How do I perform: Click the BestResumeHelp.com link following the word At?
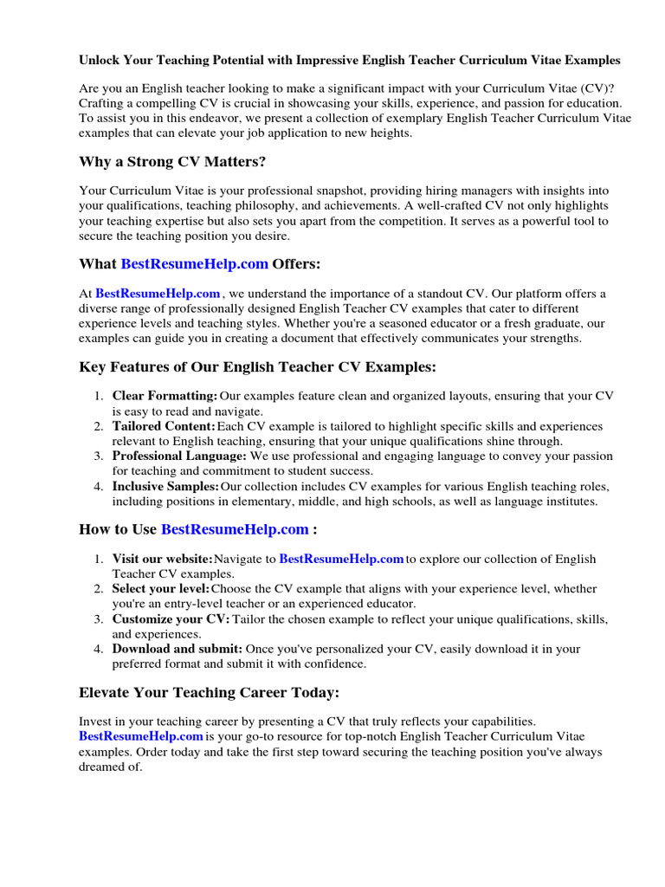tap(158, 294)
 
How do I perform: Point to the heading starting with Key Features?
tap(257, 367)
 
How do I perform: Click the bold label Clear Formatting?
tap(165, 397)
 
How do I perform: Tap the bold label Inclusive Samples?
tap(165, 486)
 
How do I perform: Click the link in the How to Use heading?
tap(235, 528)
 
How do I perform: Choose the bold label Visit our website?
tap(162, 559)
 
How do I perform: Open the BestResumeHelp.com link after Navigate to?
tap(342, 559)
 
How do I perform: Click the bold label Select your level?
tap(160, 589)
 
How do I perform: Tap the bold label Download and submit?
tap(177, 649)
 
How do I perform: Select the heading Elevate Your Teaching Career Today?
tap(209, 692)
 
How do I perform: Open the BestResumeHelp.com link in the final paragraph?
tap(141, 736)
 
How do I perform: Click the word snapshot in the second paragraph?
tap(328, 191)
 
